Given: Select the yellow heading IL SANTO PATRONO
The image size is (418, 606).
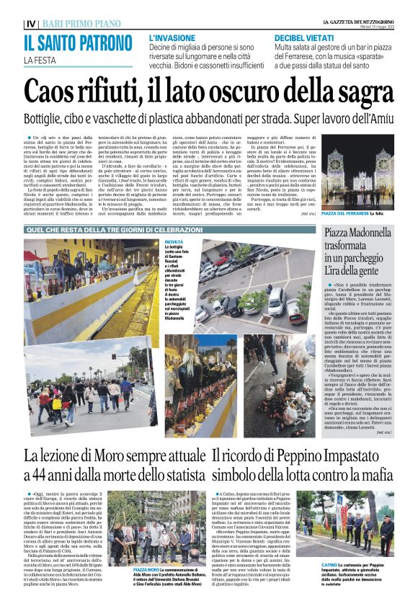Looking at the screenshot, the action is (x=82, y=43).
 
